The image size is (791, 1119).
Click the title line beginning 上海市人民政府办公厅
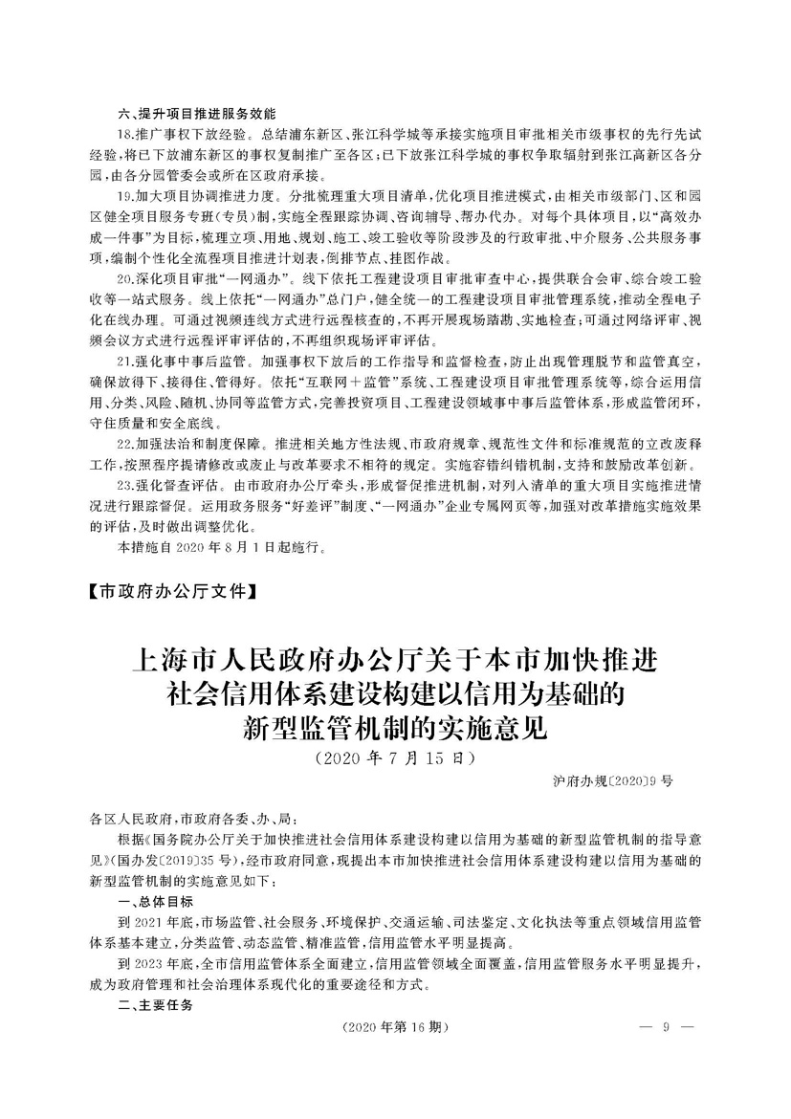click(394, 662)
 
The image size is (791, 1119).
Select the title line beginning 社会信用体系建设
click(394, 696)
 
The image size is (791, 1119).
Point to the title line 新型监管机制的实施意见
click(394, 730)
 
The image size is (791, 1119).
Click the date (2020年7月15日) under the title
click(394, 759)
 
